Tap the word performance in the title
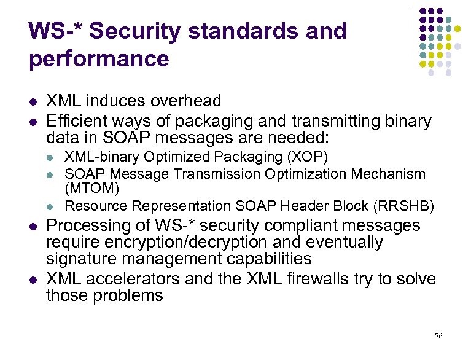pos(98,60)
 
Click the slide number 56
pos(438,335)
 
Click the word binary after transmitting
pos(402,121)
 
